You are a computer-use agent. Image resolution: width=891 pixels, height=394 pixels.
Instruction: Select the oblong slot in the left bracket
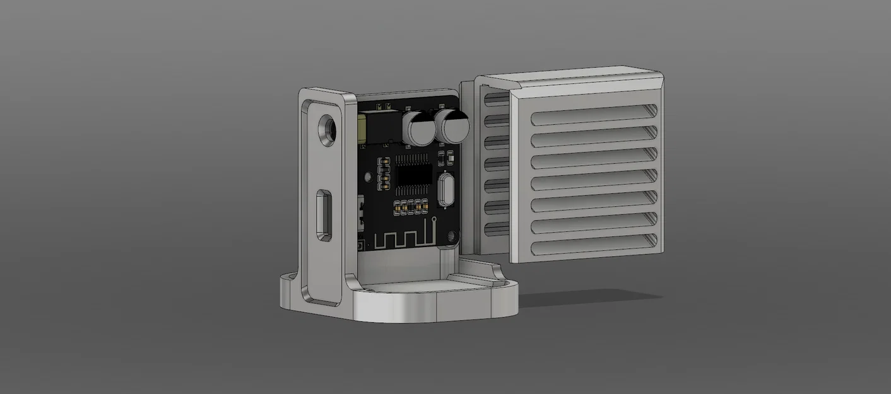[325, 214]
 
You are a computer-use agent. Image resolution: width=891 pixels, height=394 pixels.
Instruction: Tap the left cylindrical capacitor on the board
[418, 128]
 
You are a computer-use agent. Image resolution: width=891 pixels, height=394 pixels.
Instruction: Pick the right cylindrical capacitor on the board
[454, 126]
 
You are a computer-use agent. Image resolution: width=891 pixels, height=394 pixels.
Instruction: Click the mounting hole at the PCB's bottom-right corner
[452, 237]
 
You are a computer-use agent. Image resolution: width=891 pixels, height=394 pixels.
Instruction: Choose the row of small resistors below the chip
[411, 204]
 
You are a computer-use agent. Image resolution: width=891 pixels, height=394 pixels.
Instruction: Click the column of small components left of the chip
[382, 174]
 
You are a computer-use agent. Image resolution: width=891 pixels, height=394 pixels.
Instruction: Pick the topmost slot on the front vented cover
[593, 117]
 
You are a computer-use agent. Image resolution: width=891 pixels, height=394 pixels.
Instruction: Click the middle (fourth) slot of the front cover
[593, 182]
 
